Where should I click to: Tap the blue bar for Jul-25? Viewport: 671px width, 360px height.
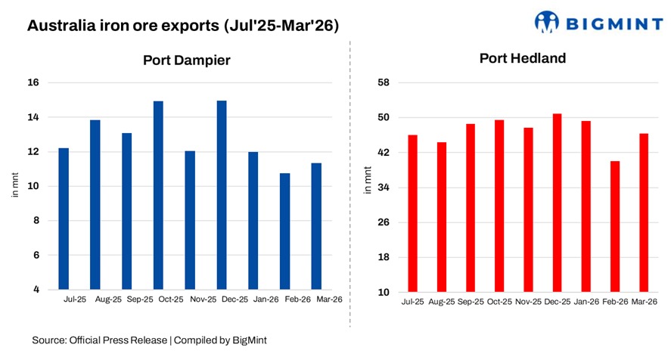(x=64, y=219)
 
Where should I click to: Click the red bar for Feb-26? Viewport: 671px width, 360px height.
(x=615, y=226)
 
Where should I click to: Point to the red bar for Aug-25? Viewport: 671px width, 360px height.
(x=442, y=216)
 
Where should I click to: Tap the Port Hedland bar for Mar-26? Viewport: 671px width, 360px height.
(x=644, y=213)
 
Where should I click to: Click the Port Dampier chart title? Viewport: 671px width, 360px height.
(x=187, y=60)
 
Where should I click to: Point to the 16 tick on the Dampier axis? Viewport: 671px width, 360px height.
(x=35, y=82)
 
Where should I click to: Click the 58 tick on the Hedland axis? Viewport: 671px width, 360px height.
(x=384, y=82)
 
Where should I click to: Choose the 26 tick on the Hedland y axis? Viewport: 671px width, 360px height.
(x=384, y=222)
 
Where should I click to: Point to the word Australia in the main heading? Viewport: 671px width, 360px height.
(x=59, y=26)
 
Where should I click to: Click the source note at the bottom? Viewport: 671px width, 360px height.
(x=149, y=341)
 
